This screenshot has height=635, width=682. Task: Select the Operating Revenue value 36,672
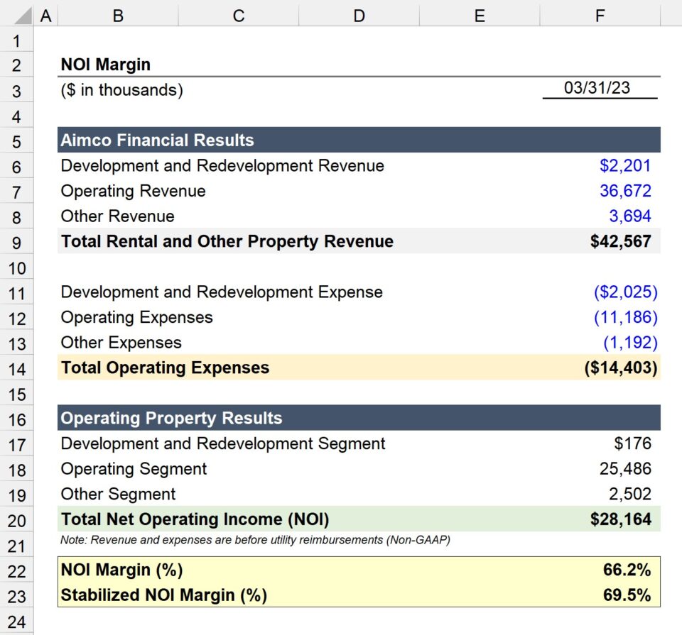[x=625, y=191]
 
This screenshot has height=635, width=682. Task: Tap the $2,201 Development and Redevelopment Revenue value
[x=625, y=166]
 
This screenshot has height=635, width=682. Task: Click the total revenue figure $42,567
[x=620, y=241]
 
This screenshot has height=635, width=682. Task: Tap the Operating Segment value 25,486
[x=625, y=469]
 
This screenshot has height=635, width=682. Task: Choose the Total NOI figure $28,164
[x=620, y=519]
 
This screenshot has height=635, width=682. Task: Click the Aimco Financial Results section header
[x=157, y=140]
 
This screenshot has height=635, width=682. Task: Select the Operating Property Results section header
[x=171, y=418]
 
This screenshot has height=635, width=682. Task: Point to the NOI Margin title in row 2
[x=105, y=65]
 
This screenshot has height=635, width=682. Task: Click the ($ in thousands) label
[x=121, y=90]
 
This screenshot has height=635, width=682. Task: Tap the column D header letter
[x=359, y=15]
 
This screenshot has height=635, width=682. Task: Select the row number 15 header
[x=16, y=394]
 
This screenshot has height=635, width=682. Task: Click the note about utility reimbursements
[x=255, y=541]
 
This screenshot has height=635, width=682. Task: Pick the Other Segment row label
[x=118, y=494]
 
